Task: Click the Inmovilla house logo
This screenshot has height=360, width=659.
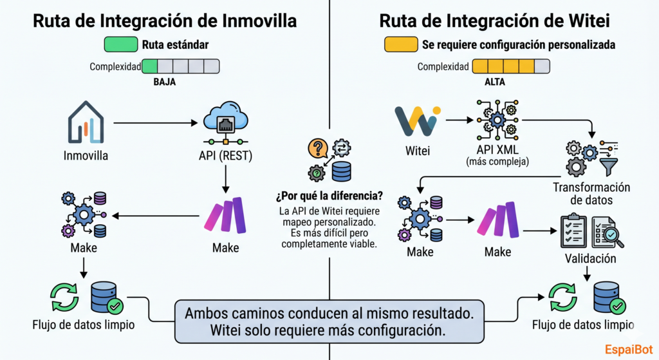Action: tap(86, 122)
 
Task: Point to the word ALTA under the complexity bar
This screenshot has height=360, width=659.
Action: tap(494, 82)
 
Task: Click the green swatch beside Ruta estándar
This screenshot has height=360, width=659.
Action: tap(120, 45)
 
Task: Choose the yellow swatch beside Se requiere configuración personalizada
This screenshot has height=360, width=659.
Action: tap(399, 45)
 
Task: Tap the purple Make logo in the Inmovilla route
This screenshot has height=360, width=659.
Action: tap(225, 215)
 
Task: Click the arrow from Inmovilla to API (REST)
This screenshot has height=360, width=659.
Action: tap(154, 122)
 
